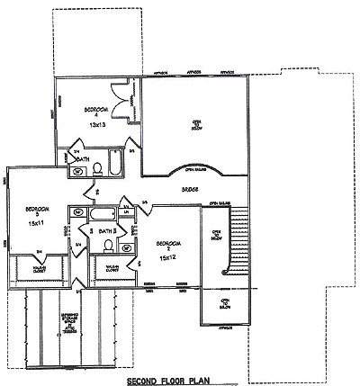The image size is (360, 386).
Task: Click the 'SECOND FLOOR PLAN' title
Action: tap(179, 380)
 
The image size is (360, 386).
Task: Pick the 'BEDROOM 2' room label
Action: tap(167, 243)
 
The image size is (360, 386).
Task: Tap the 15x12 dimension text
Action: tap(167, 256)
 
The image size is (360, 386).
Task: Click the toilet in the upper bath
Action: tap(97, 167)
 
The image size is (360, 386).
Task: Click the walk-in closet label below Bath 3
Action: tap(113, 268)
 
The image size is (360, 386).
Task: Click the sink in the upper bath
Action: tap(77, 171)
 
